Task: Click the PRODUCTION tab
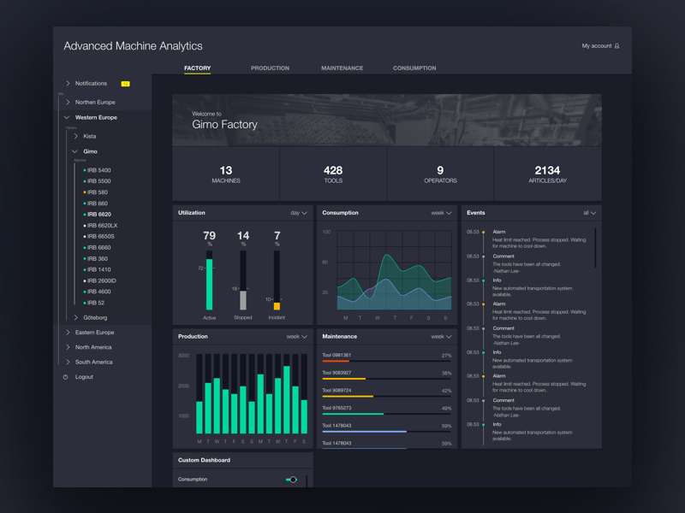pyautogui.click(x=270, y=68)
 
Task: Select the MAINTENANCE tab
pyautogui.click(x=342, y=68)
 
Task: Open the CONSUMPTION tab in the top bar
pyautogui.click(x=414, y=68)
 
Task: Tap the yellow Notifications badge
pyautogui.click(x=125, y=84)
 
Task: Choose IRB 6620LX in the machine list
pyautogui.click(x=102, y=226)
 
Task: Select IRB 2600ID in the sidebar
pyautogui.click(x=102, y=280)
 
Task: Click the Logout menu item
pyautogui.click(x=84, y=377)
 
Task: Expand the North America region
pyautogui.click(x=93, y=347)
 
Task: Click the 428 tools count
pyautogui.click(x=333, y=171)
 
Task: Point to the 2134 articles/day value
pyautogui.click(x=547, y=171)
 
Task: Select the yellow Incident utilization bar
pyautogui.click(x=277, y=305)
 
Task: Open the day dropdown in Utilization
pyautogui.click(x=299, y=213)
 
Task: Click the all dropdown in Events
pyautogui.click(x=589, y=213)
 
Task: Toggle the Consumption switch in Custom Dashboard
pyautogui.click(x=291, y=480)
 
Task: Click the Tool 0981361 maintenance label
pyautogui.click(x=337, y=355)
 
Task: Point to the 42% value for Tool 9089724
pyautogui.click(x=446, y=391)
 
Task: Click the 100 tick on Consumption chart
pyautogui.click(x=326, y=232)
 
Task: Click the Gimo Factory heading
pyautogui.click(x=224, y=125)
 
